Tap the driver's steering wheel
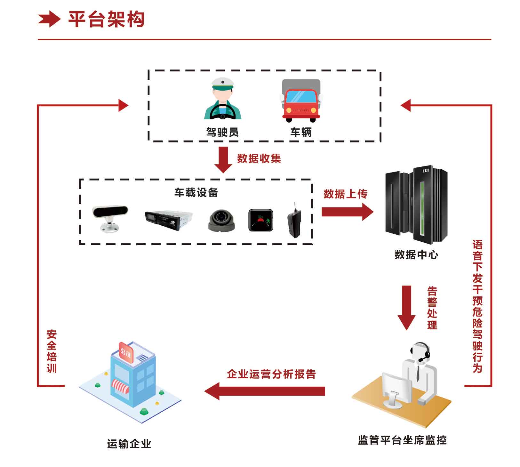[x=222, y=112]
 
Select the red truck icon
[x=301, y=101]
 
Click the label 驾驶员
[x=222, y=132]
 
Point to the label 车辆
[x=301, y=132]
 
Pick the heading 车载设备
[x=196, y=192]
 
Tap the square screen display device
[x=261, y=220]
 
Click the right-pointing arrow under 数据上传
[x=347, y=212]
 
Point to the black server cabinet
[x=416, y=205]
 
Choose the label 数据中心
[x=416, y=255]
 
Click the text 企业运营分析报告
[x=271, y=374]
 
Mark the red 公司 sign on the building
[x=126, y=352]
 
